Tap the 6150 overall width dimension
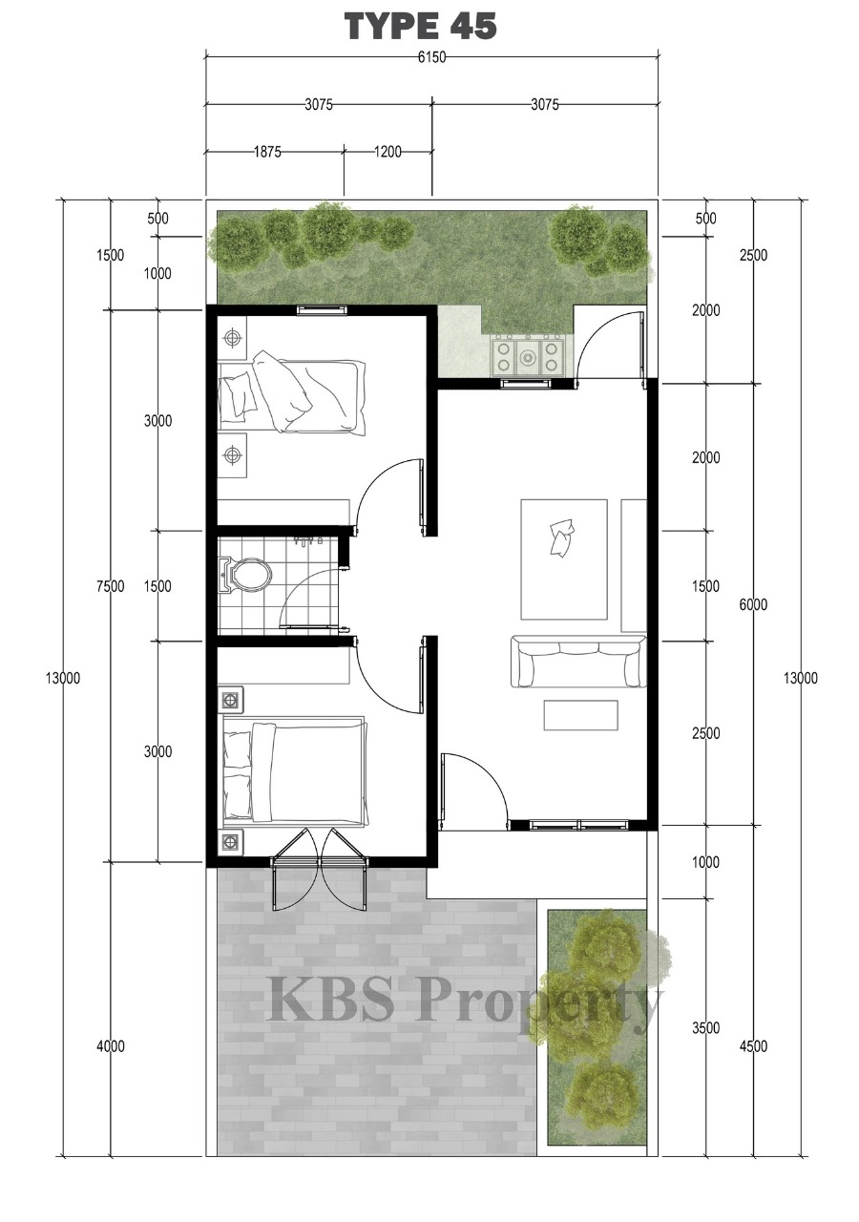(x=431, y=56)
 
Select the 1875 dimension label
(x=267, y=152)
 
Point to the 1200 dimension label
(x=388, y=152)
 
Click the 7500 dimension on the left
(x=111, y=586)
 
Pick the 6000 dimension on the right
(x=753, y=604)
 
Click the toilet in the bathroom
(x=244, y=575)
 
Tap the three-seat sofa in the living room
(x=578, y=661)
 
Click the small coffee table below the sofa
(x=580, y=715)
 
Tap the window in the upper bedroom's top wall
(x=322, y=310)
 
